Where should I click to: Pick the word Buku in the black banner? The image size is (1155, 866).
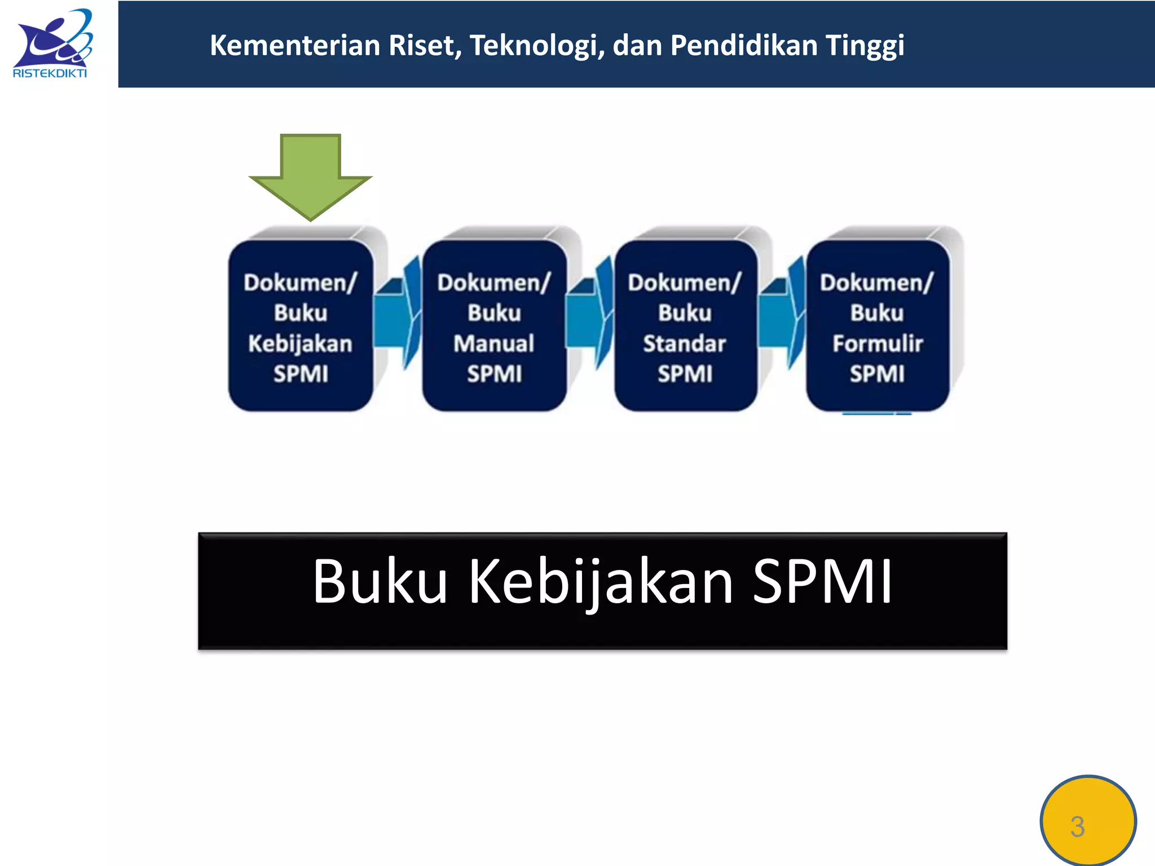click(380, 581)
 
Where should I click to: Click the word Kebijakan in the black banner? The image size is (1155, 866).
click(601, 581)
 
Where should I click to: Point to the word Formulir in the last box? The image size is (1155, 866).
click(878, 343)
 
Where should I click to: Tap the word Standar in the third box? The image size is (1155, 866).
click(685, 343)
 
